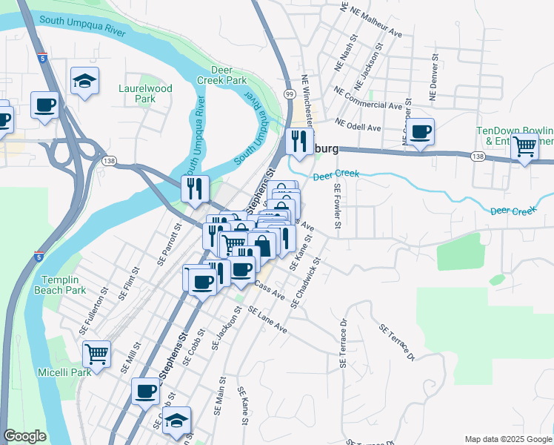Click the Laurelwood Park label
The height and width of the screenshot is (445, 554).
pos(145,93)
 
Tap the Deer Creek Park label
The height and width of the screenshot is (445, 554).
pos(221,74)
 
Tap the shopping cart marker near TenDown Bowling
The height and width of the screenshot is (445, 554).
pos(524,148)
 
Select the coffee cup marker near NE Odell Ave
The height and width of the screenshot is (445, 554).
pos(420,132)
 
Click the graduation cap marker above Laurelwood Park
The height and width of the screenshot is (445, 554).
pos(84,80)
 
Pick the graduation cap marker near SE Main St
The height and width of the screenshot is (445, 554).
pos(177,420)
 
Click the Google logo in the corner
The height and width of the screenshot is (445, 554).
pos(24,436)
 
